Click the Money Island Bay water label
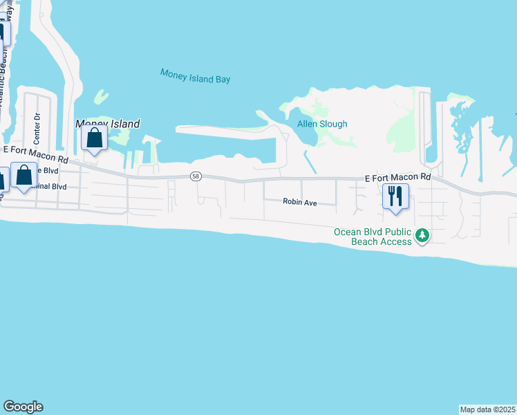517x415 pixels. tap(195, 75)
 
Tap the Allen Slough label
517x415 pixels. tap(322, 124)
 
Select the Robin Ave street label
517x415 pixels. tap(299, 202)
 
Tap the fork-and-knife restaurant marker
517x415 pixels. tap(395, 196)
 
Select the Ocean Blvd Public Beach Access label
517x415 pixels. tap(373, 236)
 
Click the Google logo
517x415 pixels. tap(23, 407)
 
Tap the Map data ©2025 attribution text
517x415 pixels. tap(487, 409)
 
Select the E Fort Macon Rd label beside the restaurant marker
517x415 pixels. tap(398, 178)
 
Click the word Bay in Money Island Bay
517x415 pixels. tap(222, 80)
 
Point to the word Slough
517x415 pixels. tap(332, 124)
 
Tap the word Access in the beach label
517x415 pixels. tap(395, 241)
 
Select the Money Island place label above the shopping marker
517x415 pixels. tap(108, 124)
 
